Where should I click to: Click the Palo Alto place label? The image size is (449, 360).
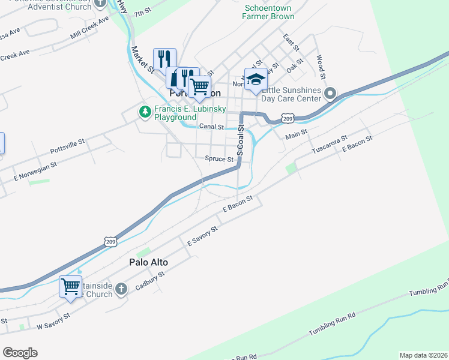pyautogui.click(x=148, y=263)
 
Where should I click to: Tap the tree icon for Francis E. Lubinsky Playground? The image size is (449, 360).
pyautogui.click(x=145, y=112)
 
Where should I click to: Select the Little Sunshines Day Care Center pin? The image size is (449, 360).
pyautogui.click(x=330, y=94)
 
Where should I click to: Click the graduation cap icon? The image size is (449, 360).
pyautogui.click(x=256, y=80)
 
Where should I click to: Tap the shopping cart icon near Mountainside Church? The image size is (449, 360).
pyautogui.click(x=70, y=287)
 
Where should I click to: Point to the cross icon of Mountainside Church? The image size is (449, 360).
pyautogui.click(x=121, y=289)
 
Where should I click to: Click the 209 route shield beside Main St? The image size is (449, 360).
pyautogui.click(x=289, y=119)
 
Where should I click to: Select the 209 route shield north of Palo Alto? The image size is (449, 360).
pyautogui.click(x=110, y=241)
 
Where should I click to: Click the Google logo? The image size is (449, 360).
pyautogui.click(x=20, y=352)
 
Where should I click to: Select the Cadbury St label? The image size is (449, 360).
pyautogui.click(x=149, y=280)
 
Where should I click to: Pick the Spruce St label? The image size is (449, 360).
pyautogui.click(x=219, y=159)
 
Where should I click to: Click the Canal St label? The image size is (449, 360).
pyautogui.click(x=211, y=127)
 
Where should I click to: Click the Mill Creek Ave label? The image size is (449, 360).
pyautogui.click(x=89, y=28)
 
